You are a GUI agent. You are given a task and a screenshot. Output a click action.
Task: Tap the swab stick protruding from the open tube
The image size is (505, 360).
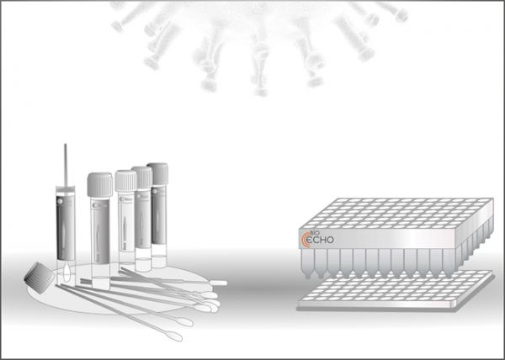(65, 164)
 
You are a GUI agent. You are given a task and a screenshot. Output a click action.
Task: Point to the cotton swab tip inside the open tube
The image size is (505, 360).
(66, 270)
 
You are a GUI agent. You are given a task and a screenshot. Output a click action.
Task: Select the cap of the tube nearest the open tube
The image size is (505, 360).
(99, 182)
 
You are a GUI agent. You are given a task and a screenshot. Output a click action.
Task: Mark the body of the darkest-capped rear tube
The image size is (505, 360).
(157, 219)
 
